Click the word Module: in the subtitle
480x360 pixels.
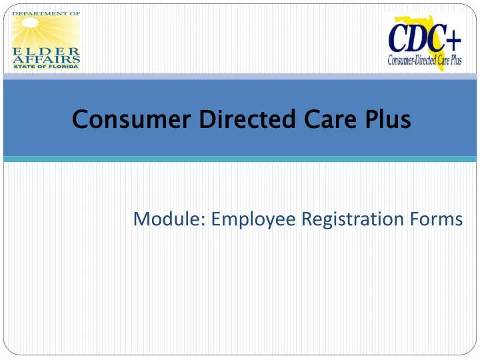coord(169,219)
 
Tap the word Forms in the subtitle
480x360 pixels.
coord(439,219)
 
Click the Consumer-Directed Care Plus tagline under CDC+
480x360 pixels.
coord(425,60)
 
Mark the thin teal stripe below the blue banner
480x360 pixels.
coord(240,159)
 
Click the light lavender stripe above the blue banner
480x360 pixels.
coord(240,77)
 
